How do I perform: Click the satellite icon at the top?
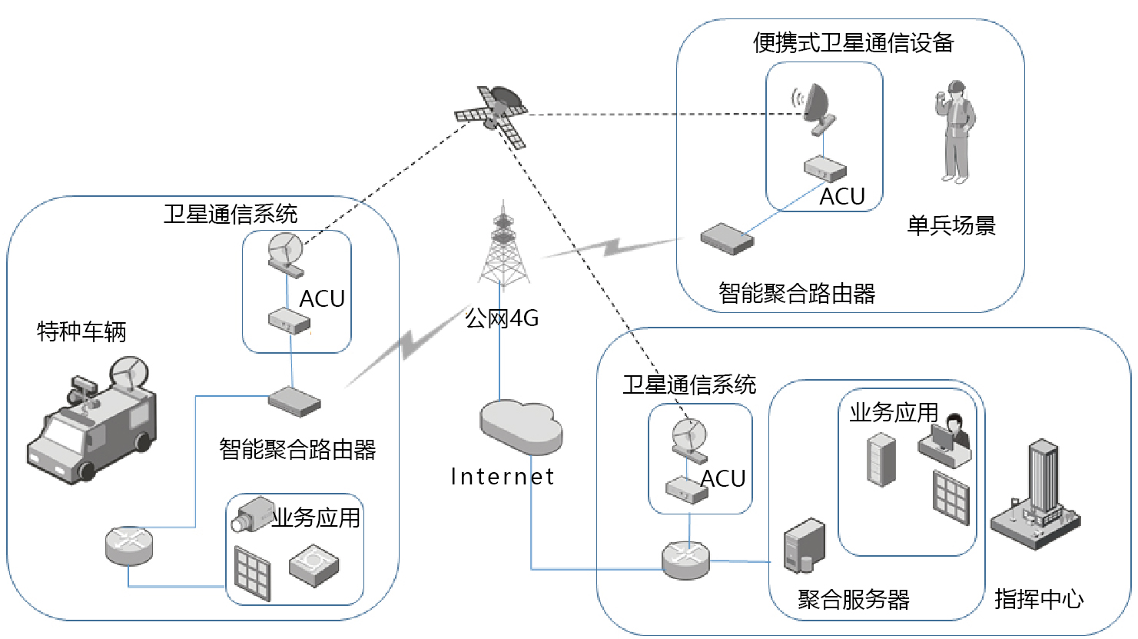point(493,115)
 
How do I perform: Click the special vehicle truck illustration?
point(92,427)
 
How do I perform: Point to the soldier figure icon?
point(954,131)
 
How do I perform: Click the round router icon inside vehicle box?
point(129,545)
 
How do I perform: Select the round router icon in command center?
point(686,560)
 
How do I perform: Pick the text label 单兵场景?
point(951,225)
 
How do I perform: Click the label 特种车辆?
point(81,331)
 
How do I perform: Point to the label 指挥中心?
point(1039,598)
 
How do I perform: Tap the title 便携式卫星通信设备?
point(853,42)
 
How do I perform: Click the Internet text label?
point(503,477)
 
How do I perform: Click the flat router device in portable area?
point(727,238)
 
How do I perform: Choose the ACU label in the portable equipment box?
point(842,197)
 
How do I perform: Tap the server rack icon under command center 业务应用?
point(881,460)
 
